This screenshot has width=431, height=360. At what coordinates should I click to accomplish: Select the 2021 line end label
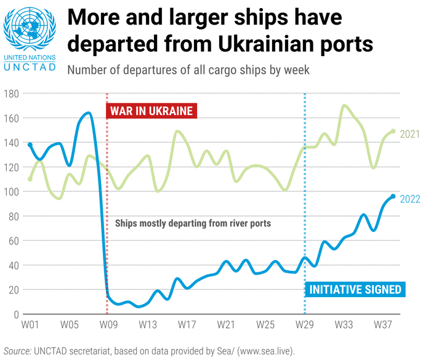[x=409, y=134]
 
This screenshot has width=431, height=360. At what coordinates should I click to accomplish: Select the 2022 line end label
[x=410, y=198]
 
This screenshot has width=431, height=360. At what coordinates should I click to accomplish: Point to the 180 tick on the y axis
[x=12, y=94]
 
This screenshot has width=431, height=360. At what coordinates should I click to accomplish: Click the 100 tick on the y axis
[x=12, y=191]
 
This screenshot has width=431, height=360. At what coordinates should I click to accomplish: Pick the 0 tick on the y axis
[x=17, y=314]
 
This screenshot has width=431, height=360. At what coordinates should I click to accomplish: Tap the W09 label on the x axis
[x=108, y=324]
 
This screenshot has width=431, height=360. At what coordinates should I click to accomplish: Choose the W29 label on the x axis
[x=305, y=324]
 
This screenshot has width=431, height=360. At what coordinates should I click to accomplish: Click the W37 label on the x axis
[x=383, y=324]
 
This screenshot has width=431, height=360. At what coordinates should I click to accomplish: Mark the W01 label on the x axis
[x=30, y=324]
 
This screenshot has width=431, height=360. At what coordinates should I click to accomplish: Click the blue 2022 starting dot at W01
[x=30, y=145]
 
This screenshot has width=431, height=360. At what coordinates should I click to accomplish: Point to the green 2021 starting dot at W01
[x=30, y=179]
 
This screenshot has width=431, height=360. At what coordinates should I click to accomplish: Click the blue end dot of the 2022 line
[x=393, y=196]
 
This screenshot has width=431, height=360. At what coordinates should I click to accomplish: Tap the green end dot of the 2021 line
[x=393, y=131]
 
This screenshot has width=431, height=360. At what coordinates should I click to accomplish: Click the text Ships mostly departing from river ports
[x=193, y=223]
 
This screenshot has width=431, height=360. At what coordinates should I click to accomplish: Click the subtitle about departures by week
[x=188, y=70]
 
